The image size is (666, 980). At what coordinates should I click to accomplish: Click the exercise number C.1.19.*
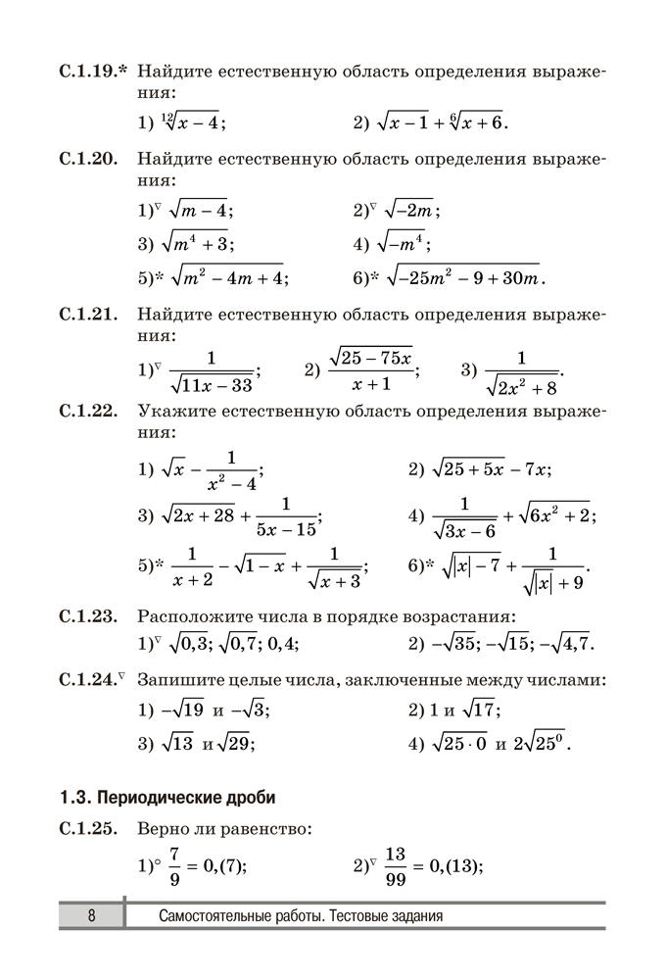click(94, 72)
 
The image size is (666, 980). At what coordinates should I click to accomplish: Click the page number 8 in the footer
click(91, 916)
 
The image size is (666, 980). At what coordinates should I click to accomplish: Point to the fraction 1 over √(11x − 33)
click(213, 371)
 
